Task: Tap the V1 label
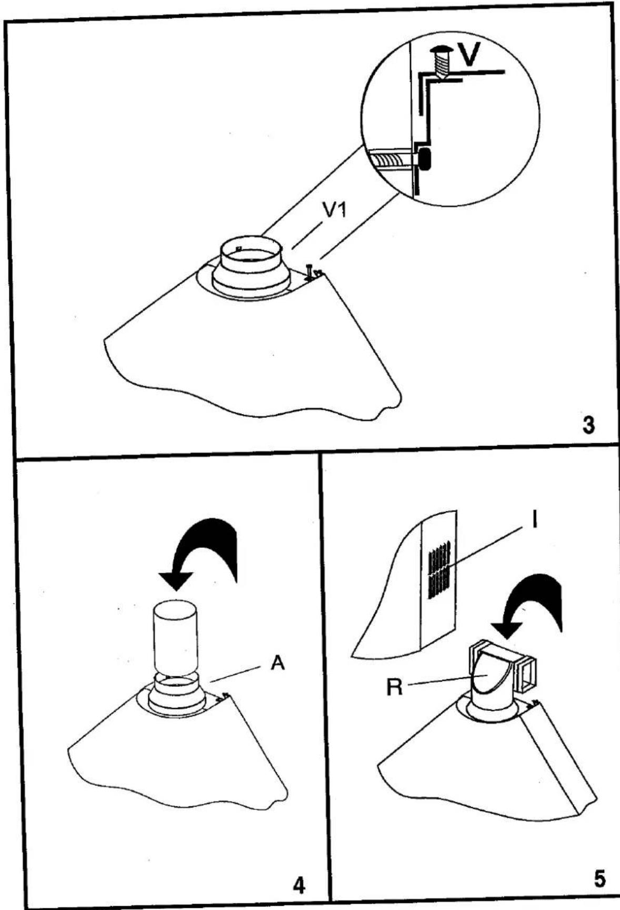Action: pos(333,212)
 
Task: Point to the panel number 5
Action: pos(599,879)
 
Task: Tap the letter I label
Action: pos(534,521)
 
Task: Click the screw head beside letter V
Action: pos(440,52)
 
